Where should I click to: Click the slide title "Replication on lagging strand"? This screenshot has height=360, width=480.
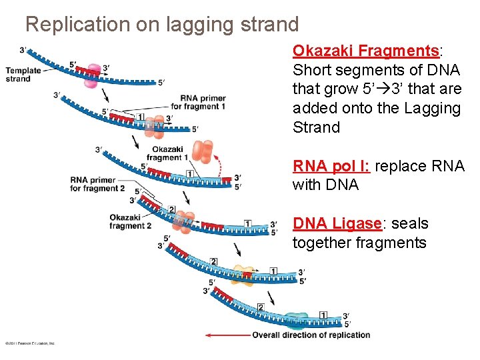coord(162,25)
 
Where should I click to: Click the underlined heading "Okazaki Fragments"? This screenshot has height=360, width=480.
coord(365,51)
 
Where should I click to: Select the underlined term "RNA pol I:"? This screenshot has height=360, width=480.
coord(331,166)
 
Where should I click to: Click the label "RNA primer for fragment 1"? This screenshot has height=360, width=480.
coord(198,103)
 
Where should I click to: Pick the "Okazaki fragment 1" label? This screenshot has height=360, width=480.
coord(164,153)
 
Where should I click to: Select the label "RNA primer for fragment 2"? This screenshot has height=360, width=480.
coord(97,183)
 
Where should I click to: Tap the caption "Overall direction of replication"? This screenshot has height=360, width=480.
coord(311,335)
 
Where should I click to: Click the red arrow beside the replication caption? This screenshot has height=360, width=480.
coord(227,335)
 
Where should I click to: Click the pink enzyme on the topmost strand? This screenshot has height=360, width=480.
coord(93,70)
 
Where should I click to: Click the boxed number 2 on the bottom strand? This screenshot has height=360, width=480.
coord(261,307)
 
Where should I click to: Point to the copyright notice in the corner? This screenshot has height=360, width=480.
coord(30,343)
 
